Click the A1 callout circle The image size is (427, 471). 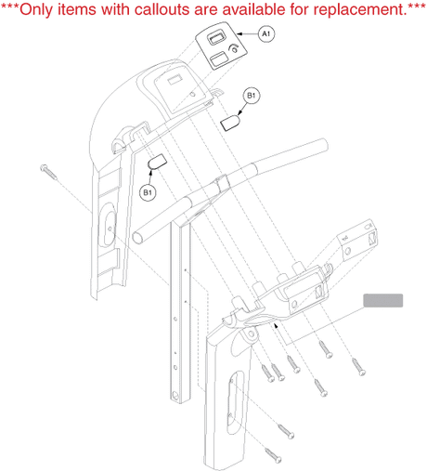[x=266, y=33]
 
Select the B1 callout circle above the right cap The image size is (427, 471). [x=252, y=96]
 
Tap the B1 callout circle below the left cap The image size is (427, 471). [x=148, y=192]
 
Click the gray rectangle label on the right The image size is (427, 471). [x=383, y=300]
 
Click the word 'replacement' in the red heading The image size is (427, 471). [x=359, y=10]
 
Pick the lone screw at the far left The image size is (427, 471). [x=48, y=172]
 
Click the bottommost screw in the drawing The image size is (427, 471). [x=274, y=455]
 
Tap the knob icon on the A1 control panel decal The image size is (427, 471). [x=234, y=48]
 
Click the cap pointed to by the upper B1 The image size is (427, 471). [x=230, y=123]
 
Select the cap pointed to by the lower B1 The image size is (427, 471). [x=158, y=161]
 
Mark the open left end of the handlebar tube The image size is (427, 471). [x=137, y=238]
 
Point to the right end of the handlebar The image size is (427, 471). [x=323, y=144]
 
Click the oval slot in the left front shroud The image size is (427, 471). [x=108, y=225]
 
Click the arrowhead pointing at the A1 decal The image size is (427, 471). [x=239, y=33]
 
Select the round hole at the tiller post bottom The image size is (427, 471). [x=175, y=396]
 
